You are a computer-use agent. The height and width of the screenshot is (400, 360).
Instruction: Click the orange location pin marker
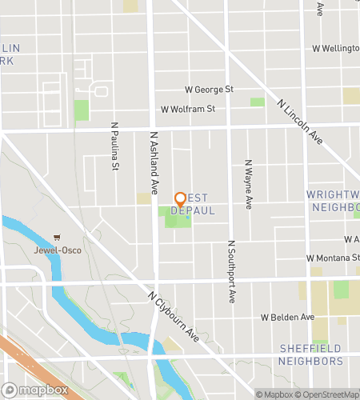pyautogui.click(x=181, y=199)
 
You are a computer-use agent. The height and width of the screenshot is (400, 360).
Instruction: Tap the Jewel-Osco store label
pyautogui.click(x=58, y=249)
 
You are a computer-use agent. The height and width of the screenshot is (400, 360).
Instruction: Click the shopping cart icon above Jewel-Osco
pyautogui.click(x=58, y=238)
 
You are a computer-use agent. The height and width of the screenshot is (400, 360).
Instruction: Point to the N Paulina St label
pyautogui.click(x=114, y=146)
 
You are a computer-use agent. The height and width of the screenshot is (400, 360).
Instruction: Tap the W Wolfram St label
pyautogui.click(x=188, y=109)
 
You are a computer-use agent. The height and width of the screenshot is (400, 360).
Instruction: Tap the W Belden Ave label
pyautogui.click(x=287, y=318)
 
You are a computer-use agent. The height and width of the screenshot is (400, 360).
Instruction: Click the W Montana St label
pyautogui.click(x=332, y=258)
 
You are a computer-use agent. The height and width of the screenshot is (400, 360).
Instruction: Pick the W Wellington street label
pyautogui.click(x=335, y=48)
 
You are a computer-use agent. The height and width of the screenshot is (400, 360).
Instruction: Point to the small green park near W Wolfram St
pyautogui.click(x=257, y=102)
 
